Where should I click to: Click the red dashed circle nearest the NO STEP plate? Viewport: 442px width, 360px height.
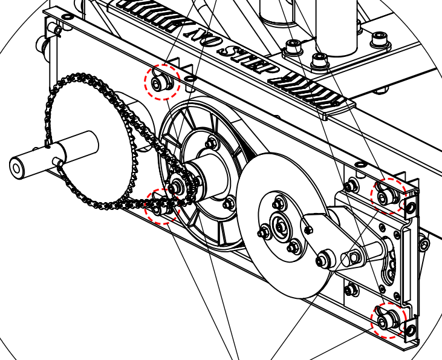(x=161, y=82)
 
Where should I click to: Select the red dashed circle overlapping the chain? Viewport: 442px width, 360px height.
(x=162, y=206)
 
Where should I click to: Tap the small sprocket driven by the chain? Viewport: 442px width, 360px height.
(x=178, y=186)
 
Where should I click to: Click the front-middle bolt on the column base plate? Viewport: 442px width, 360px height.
(x=319, y=60)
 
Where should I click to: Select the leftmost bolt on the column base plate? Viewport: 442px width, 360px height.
(x=295, y=45)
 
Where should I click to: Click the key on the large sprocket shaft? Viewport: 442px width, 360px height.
(x=58, y=162)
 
